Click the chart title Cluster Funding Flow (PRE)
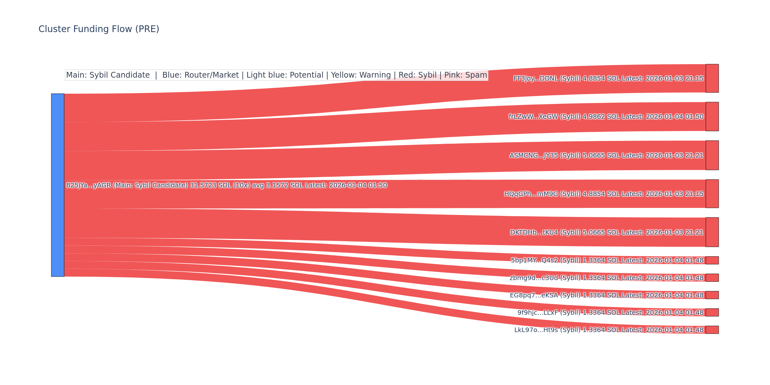click(99, 29)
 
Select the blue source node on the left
click(58, 185)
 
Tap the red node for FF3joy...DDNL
click(712, 78)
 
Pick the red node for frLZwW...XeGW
click(712, 116)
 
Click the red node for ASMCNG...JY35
click(712, 155)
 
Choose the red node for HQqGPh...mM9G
click(712, 194)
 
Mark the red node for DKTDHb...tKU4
click(712, 232)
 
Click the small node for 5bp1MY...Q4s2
click(712, 260)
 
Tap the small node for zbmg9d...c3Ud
click(712, 278)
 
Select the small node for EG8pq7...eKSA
click(712, 295)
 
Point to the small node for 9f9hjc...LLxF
click(712, 312)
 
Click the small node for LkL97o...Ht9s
click(712, 330)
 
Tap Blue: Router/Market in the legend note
click(201, 75)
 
